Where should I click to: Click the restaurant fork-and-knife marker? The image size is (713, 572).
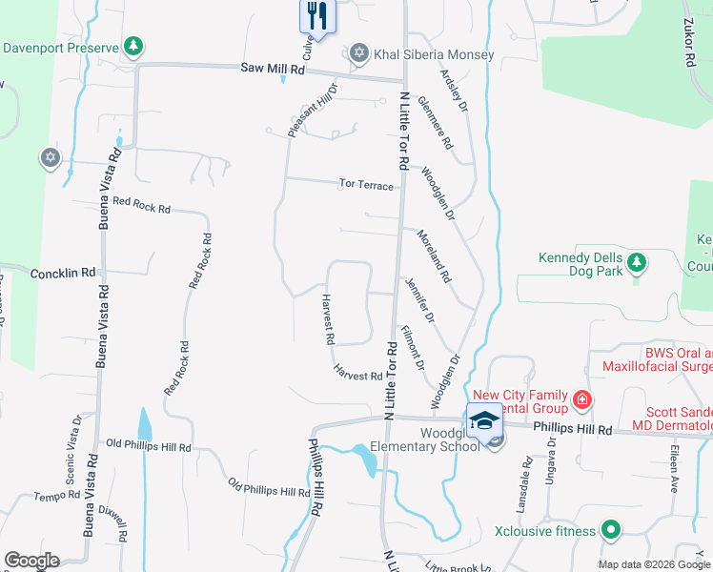[316, 15]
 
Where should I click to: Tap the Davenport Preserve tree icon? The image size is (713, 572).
[134, 46]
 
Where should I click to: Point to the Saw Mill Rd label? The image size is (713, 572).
[273, 69]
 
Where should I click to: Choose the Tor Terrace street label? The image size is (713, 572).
[367, 185]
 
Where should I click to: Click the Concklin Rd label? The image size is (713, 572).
[63, 273]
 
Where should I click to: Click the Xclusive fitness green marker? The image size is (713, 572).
[610, 530]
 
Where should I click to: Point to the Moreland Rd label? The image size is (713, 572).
[433, 255]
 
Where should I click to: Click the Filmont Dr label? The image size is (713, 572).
[412, 349]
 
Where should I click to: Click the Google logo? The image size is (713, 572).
[31, 561]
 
